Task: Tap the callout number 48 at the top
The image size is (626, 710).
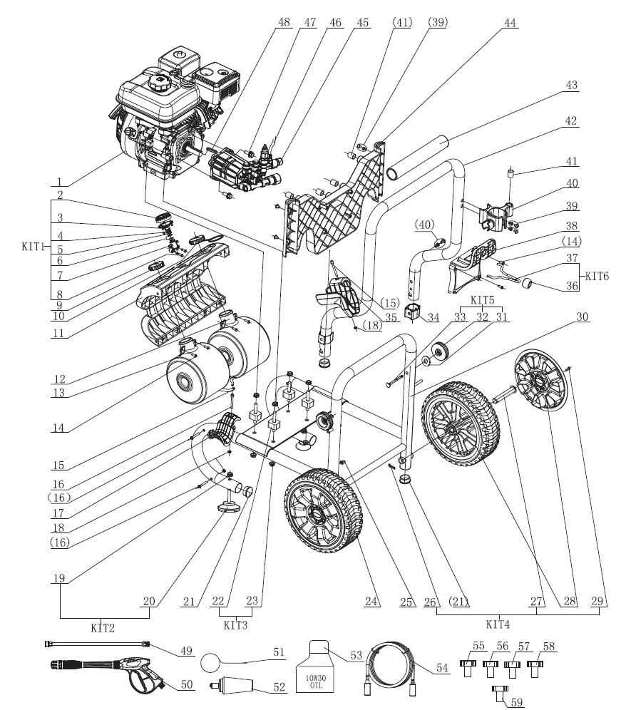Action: [284, 22]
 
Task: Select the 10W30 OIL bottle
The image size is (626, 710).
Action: [322, 667]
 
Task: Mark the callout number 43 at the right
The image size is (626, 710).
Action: [573, 86]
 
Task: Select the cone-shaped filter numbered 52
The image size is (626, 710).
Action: [235, 689]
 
